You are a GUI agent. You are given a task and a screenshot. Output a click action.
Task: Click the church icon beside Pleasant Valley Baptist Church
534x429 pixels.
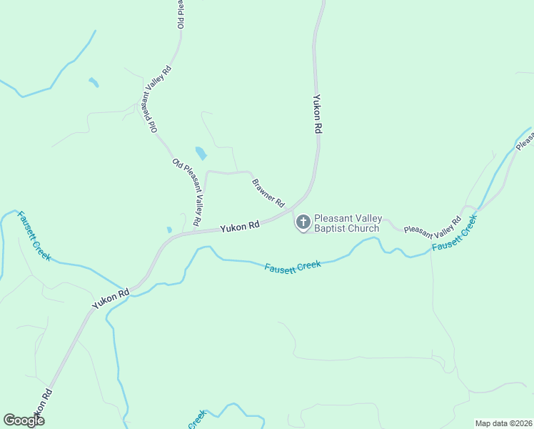[x=303, y=222]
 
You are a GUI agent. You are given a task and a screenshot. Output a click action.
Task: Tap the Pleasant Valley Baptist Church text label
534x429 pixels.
[x=348, y=224]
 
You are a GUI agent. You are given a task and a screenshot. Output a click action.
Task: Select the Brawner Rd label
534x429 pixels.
[x=268, y=192]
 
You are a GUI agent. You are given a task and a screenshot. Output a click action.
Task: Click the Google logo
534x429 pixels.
[x=24, y=420]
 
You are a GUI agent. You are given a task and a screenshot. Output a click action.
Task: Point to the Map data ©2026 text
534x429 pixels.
[x=503, y=423]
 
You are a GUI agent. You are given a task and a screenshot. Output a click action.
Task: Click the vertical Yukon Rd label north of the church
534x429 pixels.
[x=318, y=115]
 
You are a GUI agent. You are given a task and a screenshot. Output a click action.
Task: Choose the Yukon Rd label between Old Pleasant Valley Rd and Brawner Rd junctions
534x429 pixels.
[x=239, y=227]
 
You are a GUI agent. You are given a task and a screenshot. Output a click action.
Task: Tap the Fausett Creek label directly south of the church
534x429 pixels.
[x=293, y=265]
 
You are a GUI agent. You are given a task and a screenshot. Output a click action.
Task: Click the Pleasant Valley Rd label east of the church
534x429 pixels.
[x=433, y=224]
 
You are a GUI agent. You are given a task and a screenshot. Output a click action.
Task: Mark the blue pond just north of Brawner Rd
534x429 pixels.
[x=201, y=153]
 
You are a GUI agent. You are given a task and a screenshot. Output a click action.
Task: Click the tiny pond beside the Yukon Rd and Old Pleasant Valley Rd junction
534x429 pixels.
[x=169, y=230]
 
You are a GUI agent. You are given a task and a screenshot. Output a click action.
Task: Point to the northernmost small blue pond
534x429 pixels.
[x=94, y=82]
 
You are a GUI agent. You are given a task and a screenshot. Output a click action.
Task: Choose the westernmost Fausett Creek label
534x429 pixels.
[x=34, y=236]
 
